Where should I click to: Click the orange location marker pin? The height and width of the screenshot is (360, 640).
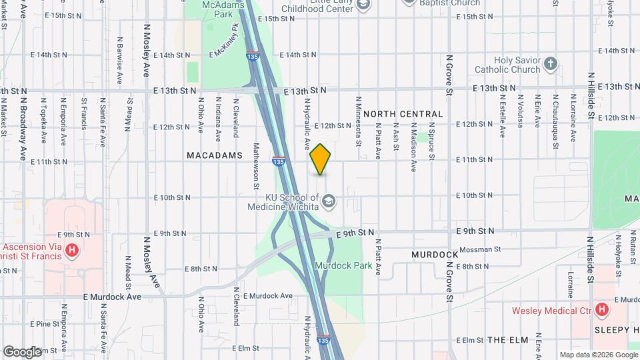(x=320, y=159)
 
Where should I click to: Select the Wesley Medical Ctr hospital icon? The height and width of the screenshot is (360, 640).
(x=602, y=310)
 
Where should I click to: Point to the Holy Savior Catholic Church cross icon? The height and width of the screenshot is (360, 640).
(x=550, y=64)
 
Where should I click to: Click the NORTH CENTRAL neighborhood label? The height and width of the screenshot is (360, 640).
(x=403, y=114)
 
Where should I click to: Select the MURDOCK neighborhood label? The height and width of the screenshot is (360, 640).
(x=435, y=255)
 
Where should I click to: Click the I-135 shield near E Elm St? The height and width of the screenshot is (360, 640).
(x=323, y=339)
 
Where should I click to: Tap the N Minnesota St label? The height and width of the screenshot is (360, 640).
(x=359, y=121)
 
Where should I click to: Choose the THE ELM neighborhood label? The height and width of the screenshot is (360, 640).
(x=508, y=340)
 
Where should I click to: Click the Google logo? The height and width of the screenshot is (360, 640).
(x=22, y=351)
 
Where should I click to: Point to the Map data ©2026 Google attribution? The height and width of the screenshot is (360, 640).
(x=598, y=355)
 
